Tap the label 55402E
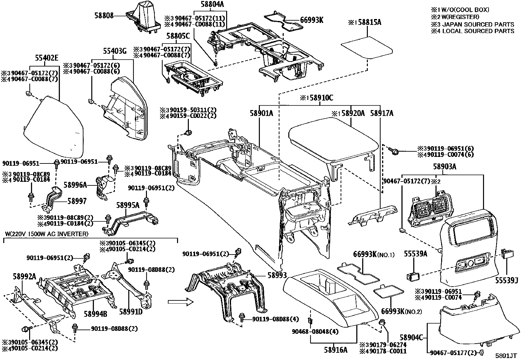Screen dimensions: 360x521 tap(46, 58)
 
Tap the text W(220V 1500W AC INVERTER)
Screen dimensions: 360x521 tap(47, 234)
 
